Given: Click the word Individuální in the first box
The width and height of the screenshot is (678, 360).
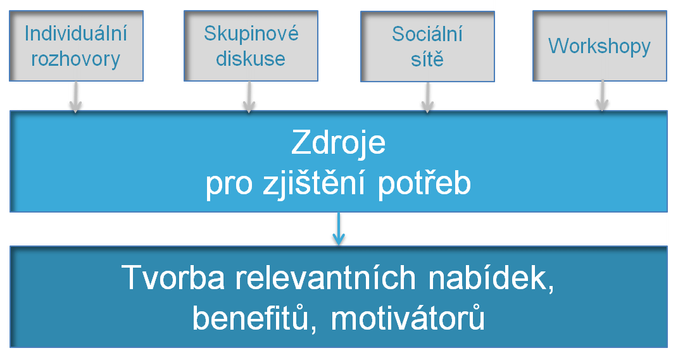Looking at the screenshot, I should pos(75,34).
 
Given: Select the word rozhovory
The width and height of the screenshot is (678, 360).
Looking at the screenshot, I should pos(75,59).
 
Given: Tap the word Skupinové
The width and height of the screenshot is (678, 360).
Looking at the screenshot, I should pos(251,34).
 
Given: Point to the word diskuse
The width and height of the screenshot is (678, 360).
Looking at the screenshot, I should pos(251,59).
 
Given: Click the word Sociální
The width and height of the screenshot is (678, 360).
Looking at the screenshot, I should pos(427,34).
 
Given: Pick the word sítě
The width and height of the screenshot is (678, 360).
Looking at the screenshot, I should pos(427,59).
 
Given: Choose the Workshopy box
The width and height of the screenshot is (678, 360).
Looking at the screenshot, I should pos(600,46).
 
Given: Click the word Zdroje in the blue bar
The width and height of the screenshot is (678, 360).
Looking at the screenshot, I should pos(339,144).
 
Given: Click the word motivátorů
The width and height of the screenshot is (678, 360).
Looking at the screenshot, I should pos(408,318).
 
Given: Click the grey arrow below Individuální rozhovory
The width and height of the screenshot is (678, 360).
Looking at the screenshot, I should pos(75,98).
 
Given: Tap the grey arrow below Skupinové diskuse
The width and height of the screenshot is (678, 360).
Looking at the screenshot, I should pos(249,98).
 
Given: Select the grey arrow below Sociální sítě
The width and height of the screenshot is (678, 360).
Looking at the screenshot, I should pos(427,98).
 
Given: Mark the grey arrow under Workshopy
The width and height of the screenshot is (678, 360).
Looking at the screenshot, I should pos(602,98).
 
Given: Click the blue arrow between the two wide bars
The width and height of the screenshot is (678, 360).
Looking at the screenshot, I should pos(339,229).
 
